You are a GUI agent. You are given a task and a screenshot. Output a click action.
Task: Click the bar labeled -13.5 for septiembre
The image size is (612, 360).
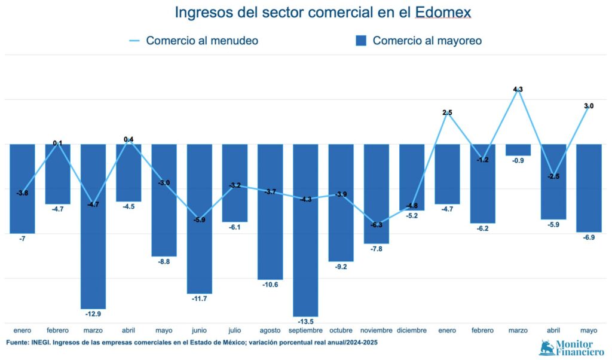(x=305, y=230)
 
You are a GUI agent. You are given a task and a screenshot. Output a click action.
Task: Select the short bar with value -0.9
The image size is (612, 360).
(x=518, y=150)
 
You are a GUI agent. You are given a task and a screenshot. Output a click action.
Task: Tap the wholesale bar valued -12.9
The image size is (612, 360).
(x=93, y=226)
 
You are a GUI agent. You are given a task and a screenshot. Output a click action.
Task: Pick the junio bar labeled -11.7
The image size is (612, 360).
(x=200, y=218)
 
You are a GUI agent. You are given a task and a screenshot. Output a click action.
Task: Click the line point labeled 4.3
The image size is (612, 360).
(x=518, y=90)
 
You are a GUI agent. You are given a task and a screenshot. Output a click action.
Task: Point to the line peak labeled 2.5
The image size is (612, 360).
(x=447, y=113)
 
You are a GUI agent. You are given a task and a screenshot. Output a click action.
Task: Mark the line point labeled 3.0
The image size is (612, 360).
(x=588, y=106)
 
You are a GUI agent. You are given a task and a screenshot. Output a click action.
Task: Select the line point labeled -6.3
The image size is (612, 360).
(x=377, y=225)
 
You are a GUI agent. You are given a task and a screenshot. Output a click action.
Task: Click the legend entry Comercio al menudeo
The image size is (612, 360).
(x=194, y=41)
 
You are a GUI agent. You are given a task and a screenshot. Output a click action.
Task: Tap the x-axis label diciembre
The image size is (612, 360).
(x=412, y=330)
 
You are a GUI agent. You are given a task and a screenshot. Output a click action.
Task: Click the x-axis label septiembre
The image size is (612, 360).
(x=305, y=330)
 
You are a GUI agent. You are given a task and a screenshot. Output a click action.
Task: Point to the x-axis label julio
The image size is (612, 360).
(x=235, y=330)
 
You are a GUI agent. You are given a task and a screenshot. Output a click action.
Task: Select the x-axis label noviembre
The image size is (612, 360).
(x=377, y=330)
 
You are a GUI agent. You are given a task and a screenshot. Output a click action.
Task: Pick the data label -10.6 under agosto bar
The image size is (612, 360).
(x=270, y=285)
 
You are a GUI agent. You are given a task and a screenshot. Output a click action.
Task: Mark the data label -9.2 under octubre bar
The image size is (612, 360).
(x=341, y=267)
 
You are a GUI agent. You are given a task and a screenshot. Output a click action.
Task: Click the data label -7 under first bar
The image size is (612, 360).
(x=22, y=239)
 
